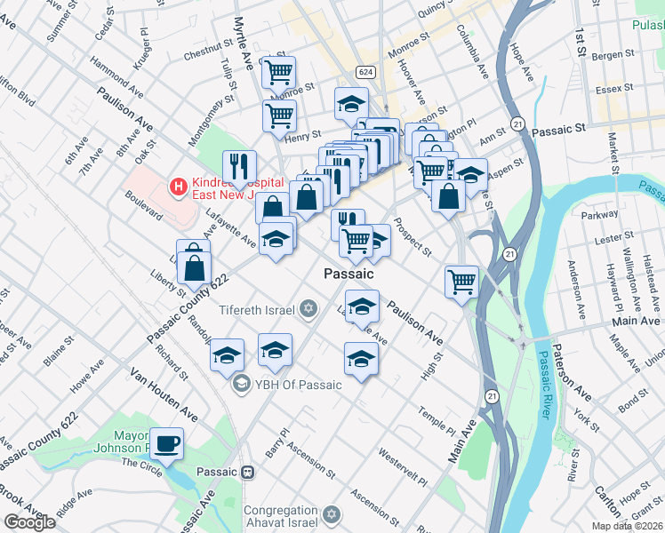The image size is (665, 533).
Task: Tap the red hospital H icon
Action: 179,187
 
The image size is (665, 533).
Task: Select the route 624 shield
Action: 366,70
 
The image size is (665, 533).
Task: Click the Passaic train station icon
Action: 249,473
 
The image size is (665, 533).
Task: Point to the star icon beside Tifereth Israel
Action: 308,309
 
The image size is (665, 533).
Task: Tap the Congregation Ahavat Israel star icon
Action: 332,515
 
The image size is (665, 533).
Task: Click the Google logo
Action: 29,522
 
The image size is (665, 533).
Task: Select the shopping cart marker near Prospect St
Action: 461,282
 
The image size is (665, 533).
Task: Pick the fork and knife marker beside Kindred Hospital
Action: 239,165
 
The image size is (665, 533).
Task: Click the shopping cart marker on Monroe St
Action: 279,71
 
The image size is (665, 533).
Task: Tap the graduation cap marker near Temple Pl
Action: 361,359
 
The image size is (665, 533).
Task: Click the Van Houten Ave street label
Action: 164,394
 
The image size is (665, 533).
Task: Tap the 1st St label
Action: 582,38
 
